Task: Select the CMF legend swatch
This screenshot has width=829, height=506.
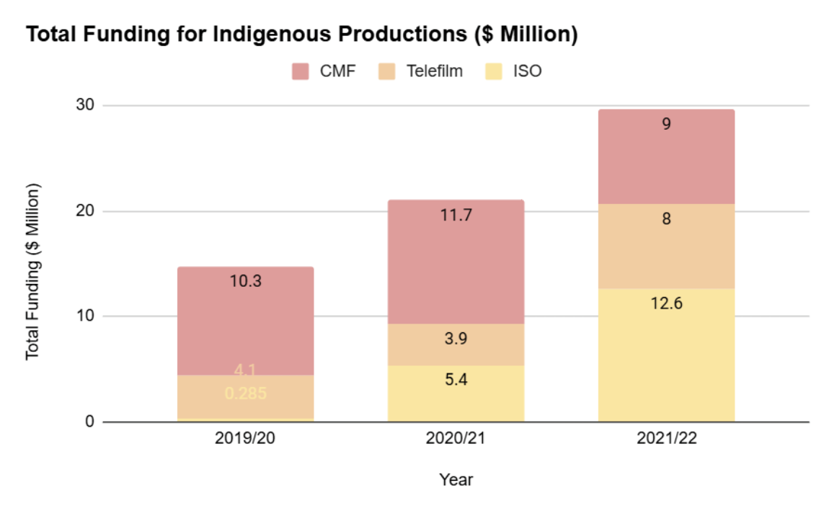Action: tap(300, 71)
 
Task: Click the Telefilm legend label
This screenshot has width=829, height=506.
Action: tap(433, 71)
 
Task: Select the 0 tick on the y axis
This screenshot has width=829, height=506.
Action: tap(90, 422)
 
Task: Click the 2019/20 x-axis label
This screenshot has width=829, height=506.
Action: tap(245, 439)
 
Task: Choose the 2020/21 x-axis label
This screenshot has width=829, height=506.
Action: tap(456, 439)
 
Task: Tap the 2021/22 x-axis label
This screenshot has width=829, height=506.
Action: tap(666, 439)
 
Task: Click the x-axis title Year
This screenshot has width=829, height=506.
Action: tap(456, 479)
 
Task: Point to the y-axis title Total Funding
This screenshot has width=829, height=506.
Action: tap(32, 271)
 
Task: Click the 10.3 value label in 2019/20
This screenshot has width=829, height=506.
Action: tap(245, 281)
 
